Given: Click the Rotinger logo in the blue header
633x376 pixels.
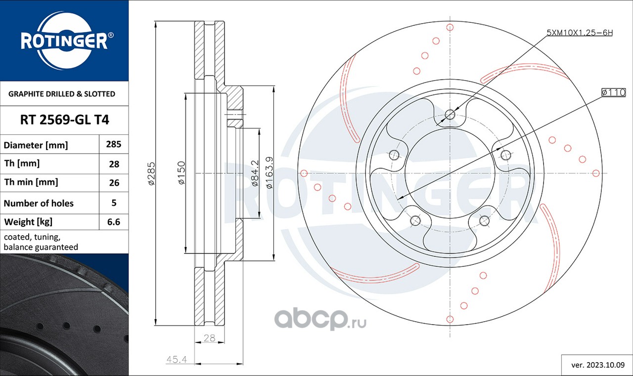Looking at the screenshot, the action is click(x=64, y=41).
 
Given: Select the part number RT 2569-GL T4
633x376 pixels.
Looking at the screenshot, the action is click(x=64, y=120).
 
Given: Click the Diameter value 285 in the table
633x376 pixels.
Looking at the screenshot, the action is click(x=114, y=144).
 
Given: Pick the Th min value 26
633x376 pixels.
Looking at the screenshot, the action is click(x=114, y=183).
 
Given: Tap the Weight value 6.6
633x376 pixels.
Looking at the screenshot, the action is click(x=114, y=222).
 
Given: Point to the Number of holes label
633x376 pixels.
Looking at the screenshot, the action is click(x=39, y=203).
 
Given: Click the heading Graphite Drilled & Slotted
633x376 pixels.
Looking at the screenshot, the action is click(x=62, y=94).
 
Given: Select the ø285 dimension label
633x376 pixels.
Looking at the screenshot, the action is click(x=151, y=173).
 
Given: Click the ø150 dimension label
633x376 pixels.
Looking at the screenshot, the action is click(x=181, y=173).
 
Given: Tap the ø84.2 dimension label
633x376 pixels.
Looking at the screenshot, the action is click(x=255, y=173).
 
